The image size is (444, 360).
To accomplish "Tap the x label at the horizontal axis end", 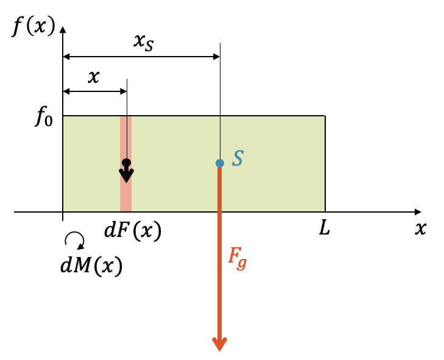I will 420,229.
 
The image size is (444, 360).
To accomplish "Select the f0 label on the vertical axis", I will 44,118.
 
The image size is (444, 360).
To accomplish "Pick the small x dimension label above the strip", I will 94,77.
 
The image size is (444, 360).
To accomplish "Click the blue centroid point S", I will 220,163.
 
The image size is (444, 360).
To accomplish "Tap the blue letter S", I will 238,159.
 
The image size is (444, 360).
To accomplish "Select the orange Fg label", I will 238,258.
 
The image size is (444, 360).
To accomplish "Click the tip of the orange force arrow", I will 220,348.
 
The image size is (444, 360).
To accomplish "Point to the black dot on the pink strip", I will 126,163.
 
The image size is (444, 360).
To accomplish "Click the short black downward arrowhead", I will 126,176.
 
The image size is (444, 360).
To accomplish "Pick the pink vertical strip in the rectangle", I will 125,195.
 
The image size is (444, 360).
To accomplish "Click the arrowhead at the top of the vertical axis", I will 63,29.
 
